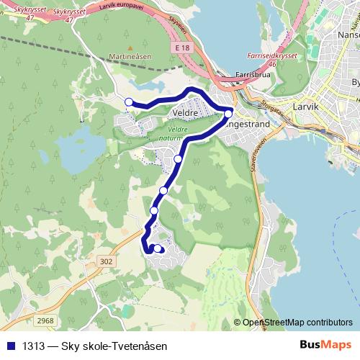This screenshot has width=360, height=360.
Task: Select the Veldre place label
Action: pos(186,114)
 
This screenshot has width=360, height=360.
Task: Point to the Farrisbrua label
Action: pos(253,73)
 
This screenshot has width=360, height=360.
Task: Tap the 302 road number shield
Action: pos(107,262)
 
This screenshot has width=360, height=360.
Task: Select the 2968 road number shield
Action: pos(45,320)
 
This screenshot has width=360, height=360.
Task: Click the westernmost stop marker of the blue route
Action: pos(129,102)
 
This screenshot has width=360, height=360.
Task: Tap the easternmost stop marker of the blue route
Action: pos(228,113)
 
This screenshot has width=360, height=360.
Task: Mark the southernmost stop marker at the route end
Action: pos(158,248)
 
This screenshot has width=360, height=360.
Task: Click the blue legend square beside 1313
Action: pos(10,346)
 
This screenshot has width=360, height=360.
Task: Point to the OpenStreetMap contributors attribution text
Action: pos(298,323)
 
